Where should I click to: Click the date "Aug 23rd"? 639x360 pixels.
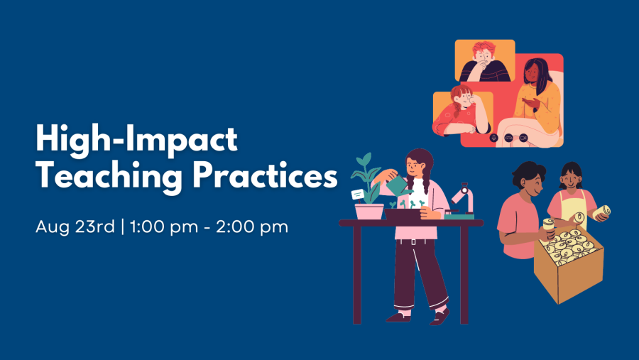[75, 228]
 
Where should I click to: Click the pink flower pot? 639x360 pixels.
[369, 211]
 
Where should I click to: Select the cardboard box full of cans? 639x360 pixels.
[568, 263]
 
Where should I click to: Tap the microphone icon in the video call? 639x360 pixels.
[494, 137]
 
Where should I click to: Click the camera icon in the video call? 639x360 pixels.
[523, 137]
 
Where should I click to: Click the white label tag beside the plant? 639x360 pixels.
[358, 193]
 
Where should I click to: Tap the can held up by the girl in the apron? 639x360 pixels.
[601, 212]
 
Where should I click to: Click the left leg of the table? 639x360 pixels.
[356, 274]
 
